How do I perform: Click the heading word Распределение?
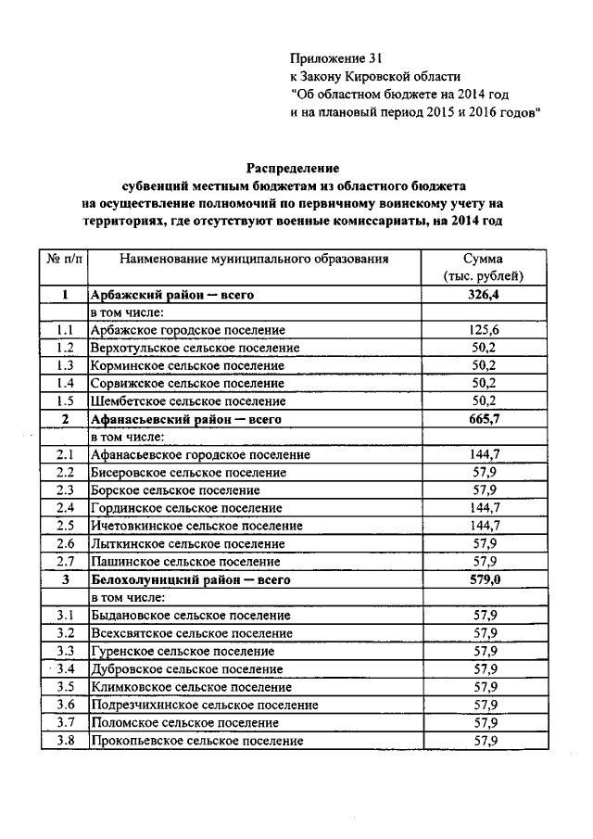point(293,169)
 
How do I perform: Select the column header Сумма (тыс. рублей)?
point(485,267)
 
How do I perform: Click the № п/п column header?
point(64,259)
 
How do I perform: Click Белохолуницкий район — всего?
point(190,580)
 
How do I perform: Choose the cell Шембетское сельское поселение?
point(187,401)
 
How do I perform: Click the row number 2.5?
point(64,526)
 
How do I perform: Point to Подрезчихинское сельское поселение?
point(204,705)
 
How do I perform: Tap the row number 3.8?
point(64,741)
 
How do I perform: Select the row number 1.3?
point(64,365)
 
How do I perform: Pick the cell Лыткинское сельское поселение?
point(187,544)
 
